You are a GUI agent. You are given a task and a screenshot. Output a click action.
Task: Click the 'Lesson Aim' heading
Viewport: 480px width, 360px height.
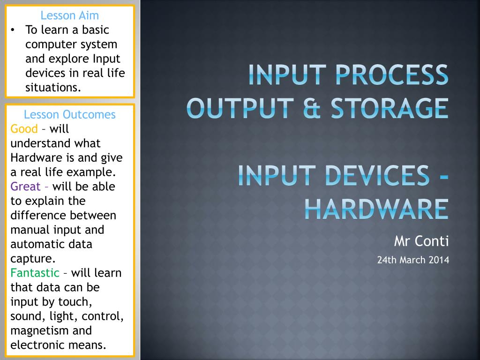coord(69,15)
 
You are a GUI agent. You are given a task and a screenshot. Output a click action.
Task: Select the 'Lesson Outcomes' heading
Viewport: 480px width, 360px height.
coord(69,114)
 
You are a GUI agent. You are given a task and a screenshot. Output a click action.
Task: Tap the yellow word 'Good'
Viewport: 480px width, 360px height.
coord(23,128)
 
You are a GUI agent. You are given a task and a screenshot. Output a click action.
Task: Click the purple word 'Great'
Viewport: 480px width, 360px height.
coord(25,187)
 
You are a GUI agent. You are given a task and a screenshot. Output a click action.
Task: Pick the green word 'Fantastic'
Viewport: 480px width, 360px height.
coord(35,273)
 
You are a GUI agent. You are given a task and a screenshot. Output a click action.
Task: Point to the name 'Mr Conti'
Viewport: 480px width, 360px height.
coord(421,241)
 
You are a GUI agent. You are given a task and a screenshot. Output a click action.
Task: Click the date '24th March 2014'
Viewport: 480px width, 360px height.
coord(413,260)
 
